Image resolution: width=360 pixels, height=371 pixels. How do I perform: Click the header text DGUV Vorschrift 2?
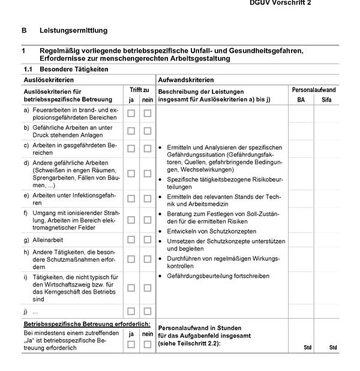point(280,3)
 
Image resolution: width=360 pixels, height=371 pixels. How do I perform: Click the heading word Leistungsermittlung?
point(73,30)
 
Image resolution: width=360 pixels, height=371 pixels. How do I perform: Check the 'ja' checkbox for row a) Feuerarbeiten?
point(131,113)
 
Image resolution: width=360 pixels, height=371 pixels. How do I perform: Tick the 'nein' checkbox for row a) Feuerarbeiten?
point(148,113)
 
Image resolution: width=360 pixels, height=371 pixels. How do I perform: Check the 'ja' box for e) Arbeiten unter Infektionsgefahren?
point(131,198)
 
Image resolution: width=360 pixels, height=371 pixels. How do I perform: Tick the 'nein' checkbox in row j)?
point(148,311)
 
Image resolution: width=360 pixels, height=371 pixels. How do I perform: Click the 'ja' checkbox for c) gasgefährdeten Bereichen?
point(131,148)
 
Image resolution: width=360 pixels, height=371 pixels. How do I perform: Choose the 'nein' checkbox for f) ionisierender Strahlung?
point(148,220)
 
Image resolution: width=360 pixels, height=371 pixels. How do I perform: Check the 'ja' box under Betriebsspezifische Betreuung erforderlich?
point(131,344)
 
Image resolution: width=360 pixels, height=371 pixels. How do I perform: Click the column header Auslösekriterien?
point(49,79)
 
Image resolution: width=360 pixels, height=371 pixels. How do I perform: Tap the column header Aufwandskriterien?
point(185,79)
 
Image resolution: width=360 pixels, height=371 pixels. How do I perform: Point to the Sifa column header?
point(326,100)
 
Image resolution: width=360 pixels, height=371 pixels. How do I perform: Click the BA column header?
point(301,100)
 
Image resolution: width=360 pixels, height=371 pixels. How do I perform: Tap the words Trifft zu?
point(139,89)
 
